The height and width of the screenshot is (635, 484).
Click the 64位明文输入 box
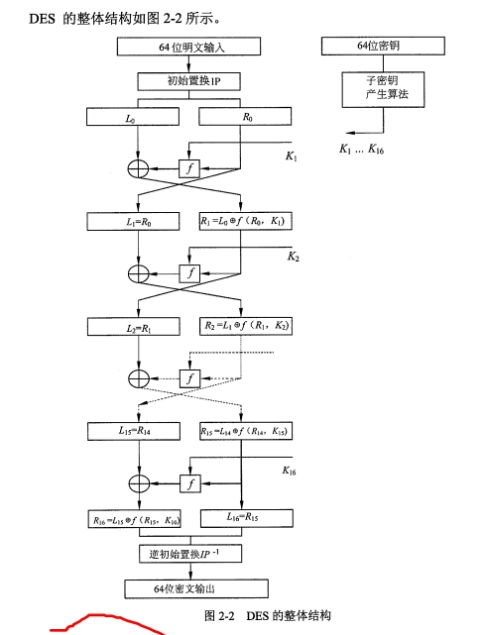coord(188,47)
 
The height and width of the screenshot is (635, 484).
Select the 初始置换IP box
coord(188,81)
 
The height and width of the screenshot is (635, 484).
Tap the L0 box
coord(133,117)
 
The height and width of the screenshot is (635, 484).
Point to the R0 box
coord(245,116)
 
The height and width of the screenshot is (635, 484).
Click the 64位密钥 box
coord(383,46)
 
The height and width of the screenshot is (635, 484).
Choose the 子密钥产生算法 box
coord(383,89)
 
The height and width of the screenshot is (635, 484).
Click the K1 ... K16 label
coord(362,150)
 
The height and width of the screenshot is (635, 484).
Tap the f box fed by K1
coord(189,168)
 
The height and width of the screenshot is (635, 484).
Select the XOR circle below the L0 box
coord(138,168)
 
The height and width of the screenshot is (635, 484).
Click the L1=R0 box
coord(133,222)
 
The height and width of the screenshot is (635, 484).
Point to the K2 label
coord(293,257)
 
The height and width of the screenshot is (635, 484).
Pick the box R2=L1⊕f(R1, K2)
coord(246,326)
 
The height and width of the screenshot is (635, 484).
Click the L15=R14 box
coord(134,431)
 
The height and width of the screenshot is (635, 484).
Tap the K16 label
coord(289,471)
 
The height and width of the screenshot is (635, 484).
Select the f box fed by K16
coord(190,483)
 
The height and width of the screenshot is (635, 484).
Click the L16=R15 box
coord(246,518)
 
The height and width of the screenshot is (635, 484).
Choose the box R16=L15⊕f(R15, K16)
coord(135,519)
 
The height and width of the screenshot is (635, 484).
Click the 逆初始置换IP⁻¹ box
coord(190,553)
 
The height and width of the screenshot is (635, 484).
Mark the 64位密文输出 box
coord(196,588)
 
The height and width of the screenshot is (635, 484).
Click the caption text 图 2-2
coord(219,615)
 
